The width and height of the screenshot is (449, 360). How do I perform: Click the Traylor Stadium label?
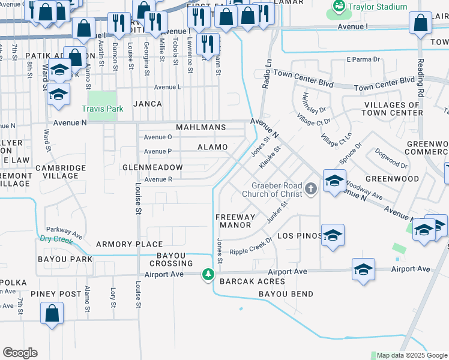(379, 7)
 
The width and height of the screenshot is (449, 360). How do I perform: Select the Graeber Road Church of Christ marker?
(310, 189)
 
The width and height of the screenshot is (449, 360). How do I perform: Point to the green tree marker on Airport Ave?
(208, 274)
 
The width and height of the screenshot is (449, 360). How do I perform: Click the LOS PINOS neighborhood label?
(300, 236)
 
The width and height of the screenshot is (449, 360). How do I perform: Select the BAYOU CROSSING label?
(171, 259)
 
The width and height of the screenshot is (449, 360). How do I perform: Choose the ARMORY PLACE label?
(129, 244)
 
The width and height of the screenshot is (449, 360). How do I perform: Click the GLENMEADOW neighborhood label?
(152, 167)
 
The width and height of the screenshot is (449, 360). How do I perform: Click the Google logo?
(20, 353)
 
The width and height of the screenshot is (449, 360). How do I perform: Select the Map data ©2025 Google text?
(412, 355)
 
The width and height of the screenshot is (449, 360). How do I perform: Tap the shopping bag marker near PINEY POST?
(52, 312)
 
